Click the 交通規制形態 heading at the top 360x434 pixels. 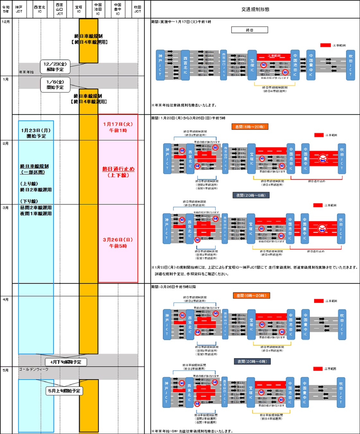tap(255, 9)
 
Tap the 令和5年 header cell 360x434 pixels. tap(6, 9)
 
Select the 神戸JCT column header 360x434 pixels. tap(19, 9)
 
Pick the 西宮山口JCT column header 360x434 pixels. tap(60, 9)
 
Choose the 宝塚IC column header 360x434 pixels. tap(79, 9)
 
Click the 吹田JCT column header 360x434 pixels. tap(137, 9)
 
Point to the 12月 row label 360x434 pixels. tap(6, 22)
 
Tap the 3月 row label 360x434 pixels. tap(5, 208)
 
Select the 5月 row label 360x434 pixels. tap(5, 370)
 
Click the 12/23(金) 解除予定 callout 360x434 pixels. tap(55, 67)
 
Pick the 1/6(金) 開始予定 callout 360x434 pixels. tap(55, 85)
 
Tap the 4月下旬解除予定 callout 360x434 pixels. tap(66, 362)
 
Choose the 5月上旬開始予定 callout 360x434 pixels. tap(64, 391)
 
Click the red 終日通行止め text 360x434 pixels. tap(118, 172)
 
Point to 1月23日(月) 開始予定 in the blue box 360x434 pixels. tap(36, 133)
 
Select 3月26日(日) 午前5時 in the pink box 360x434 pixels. tap(118, 243)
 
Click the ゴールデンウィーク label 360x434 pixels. tap(34, 369)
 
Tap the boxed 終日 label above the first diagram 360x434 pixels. tap(250, 30)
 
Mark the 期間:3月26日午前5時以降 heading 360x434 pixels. tap(173, 287)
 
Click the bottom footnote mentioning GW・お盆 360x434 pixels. tap(192, 431)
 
